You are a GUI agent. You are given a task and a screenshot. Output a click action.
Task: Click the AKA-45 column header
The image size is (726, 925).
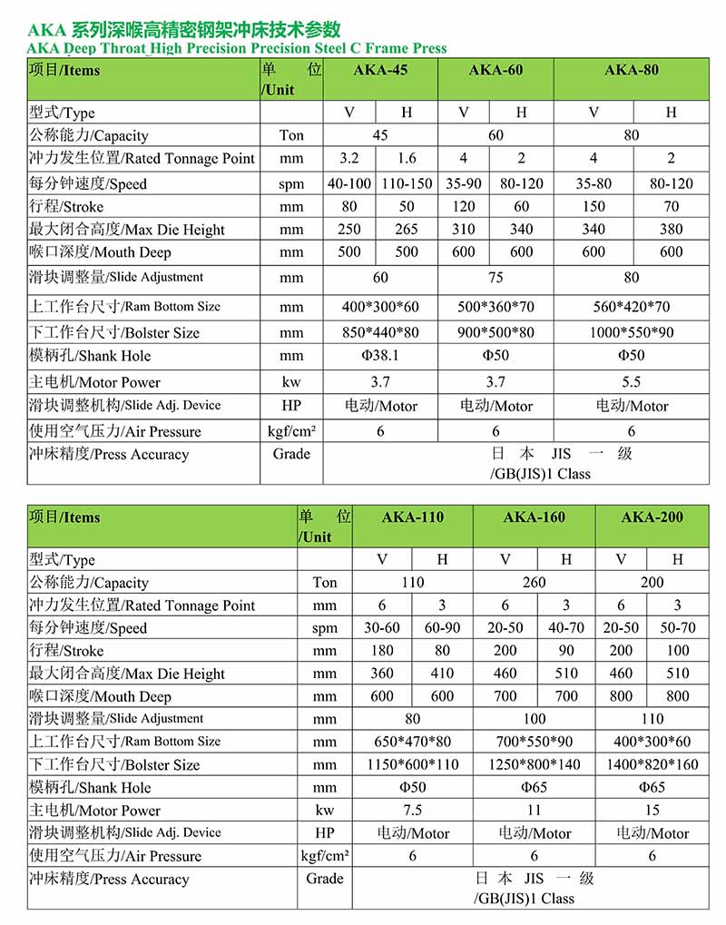tap(380, 71)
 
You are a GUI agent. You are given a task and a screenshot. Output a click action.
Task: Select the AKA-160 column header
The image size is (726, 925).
tap(534, 517)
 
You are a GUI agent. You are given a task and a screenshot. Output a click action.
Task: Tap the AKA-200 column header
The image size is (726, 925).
tap(652, 517)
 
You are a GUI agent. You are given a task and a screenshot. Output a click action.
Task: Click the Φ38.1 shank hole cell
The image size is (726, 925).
tap(380, 356)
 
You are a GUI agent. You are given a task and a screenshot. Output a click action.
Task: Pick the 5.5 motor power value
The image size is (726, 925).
tap(632, 382)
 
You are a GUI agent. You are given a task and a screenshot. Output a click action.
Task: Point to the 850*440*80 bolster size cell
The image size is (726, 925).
tap(380, 332)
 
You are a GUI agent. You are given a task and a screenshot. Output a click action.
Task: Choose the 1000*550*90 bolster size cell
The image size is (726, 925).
tap(632, 332)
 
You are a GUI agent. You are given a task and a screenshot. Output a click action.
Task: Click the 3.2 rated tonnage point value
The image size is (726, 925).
tap(349, 158)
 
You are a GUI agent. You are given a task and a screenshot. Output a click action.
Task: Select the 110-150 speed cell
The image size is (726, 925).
tap(407, 183)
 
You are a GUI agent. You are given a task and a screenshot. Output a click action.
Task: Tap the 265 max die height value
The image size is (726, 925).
tap(407, 230)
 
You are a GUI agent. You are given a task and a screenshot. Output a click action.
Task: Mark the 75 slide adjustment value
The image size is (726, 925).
tap(495, 278)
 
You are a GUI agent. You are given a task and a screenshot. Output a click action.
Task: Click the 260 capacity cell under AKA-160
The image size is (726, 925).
tap(534, 583)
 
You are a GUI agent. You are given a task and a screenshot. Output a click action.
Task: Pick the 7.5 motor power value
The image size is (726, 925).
tap(413, 811)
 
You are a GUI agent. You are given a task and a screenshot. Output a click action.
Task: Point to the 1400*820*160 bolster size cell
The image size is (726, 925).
tap(652, 764)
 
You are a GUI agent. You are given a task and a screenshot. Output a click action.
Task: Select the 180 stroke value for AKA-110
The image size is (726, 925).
tap(382, 651)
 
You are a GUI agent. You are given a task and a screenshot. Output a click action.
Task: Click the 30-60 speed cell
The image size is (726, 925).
tap(382, 628)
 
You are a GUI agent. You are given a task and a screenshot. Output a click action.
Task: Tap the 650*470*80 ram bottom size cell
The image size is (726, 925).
tap(413, 742)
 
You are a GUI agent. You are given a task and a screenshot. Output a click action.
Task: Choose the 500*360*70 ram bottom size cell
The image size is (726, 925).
tap(495, 307)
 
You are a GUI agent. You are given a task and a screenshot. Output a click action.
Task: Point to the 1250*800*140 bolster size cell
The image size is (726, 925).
tap(534, 764)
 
